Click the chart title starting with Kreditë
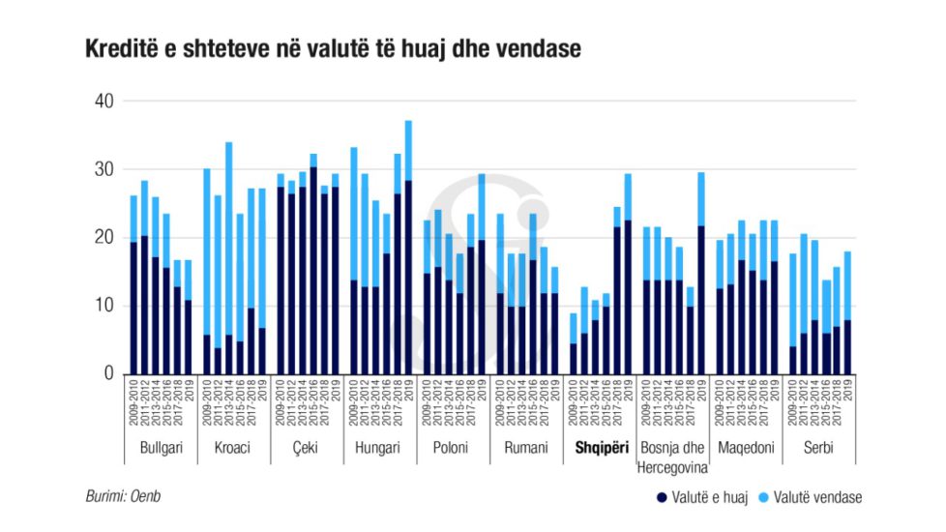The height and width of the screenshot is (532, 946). [x=333, y=49]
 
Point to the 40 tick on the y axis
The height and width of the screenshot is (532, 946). [x=103, y=102]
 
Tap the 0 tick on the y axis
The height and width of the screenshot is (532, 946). [x=107, y=373]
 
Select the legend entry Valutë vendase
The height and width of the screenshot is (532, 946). [x=815, y=497]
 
